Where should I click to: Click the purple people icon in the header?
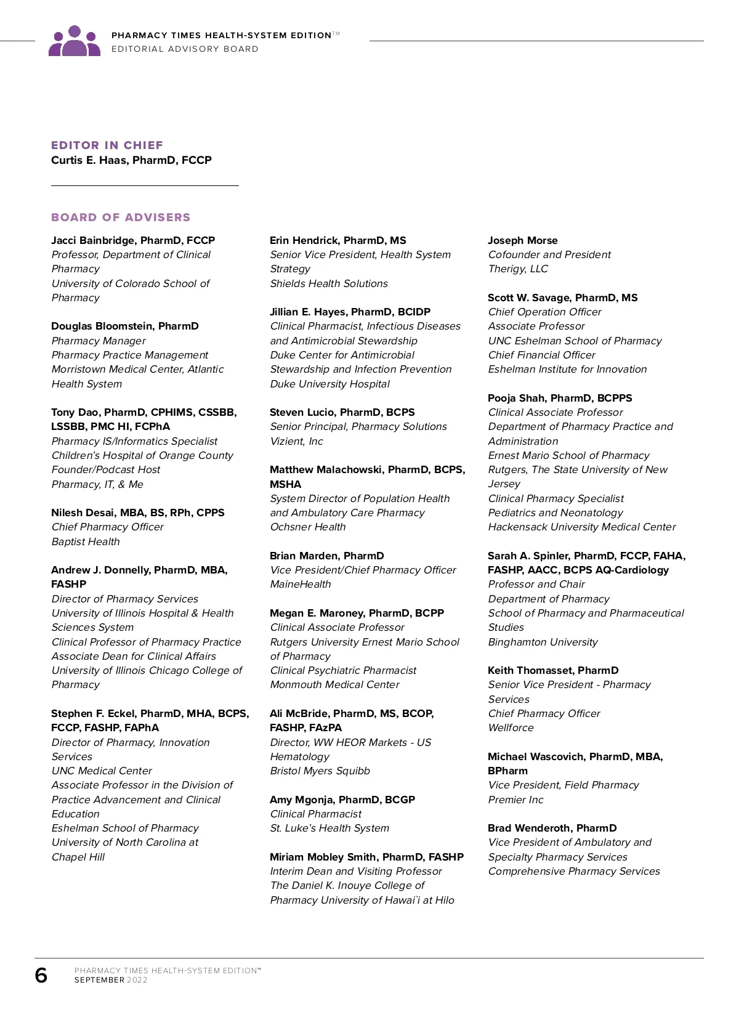click(75, 41)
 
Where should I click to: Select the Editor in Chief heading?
click(107, 145)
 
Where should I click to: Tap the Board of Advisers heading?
click(121, 217)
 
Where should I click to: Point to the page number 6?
click(41, 975)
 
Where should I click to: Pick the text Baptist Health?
click(86, 541)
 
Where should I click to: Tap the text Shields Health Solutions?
click(329, 283)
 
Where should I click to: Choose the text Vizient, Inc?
click(296, 441)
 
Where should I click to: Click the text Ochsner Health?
click(308, 527)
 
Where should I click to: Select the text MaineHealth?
click(301, 584)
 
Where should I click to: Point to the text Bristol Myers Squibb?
click(320, 771)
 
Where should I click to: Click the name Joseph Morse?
click(523, 240)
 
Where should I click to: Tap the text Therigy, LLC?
click(518, 269)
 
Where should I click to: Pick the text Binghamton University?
click(543, 642)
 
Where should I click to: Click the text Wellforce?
click(511, 727)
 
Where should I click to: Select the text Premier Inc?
click(515, 800)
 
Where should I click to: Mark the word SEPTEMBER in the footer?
click(99, 980)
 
